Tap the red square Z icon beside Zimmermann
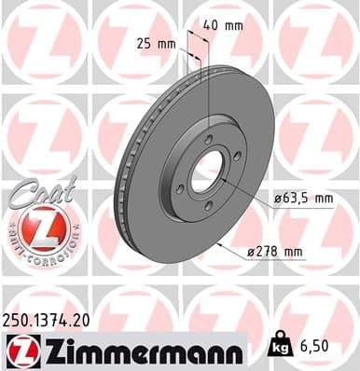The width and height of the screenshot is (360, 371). (19, 351)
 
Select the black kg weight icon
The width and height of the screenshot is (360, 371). (278, 346)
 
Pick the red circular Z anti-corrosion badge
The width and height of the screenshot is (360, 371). (35, 229)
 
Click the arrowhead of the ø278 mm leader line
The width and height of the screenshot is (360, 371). (217, 244)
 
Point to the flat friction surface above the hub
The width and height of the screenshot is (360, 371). (201, 103)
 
